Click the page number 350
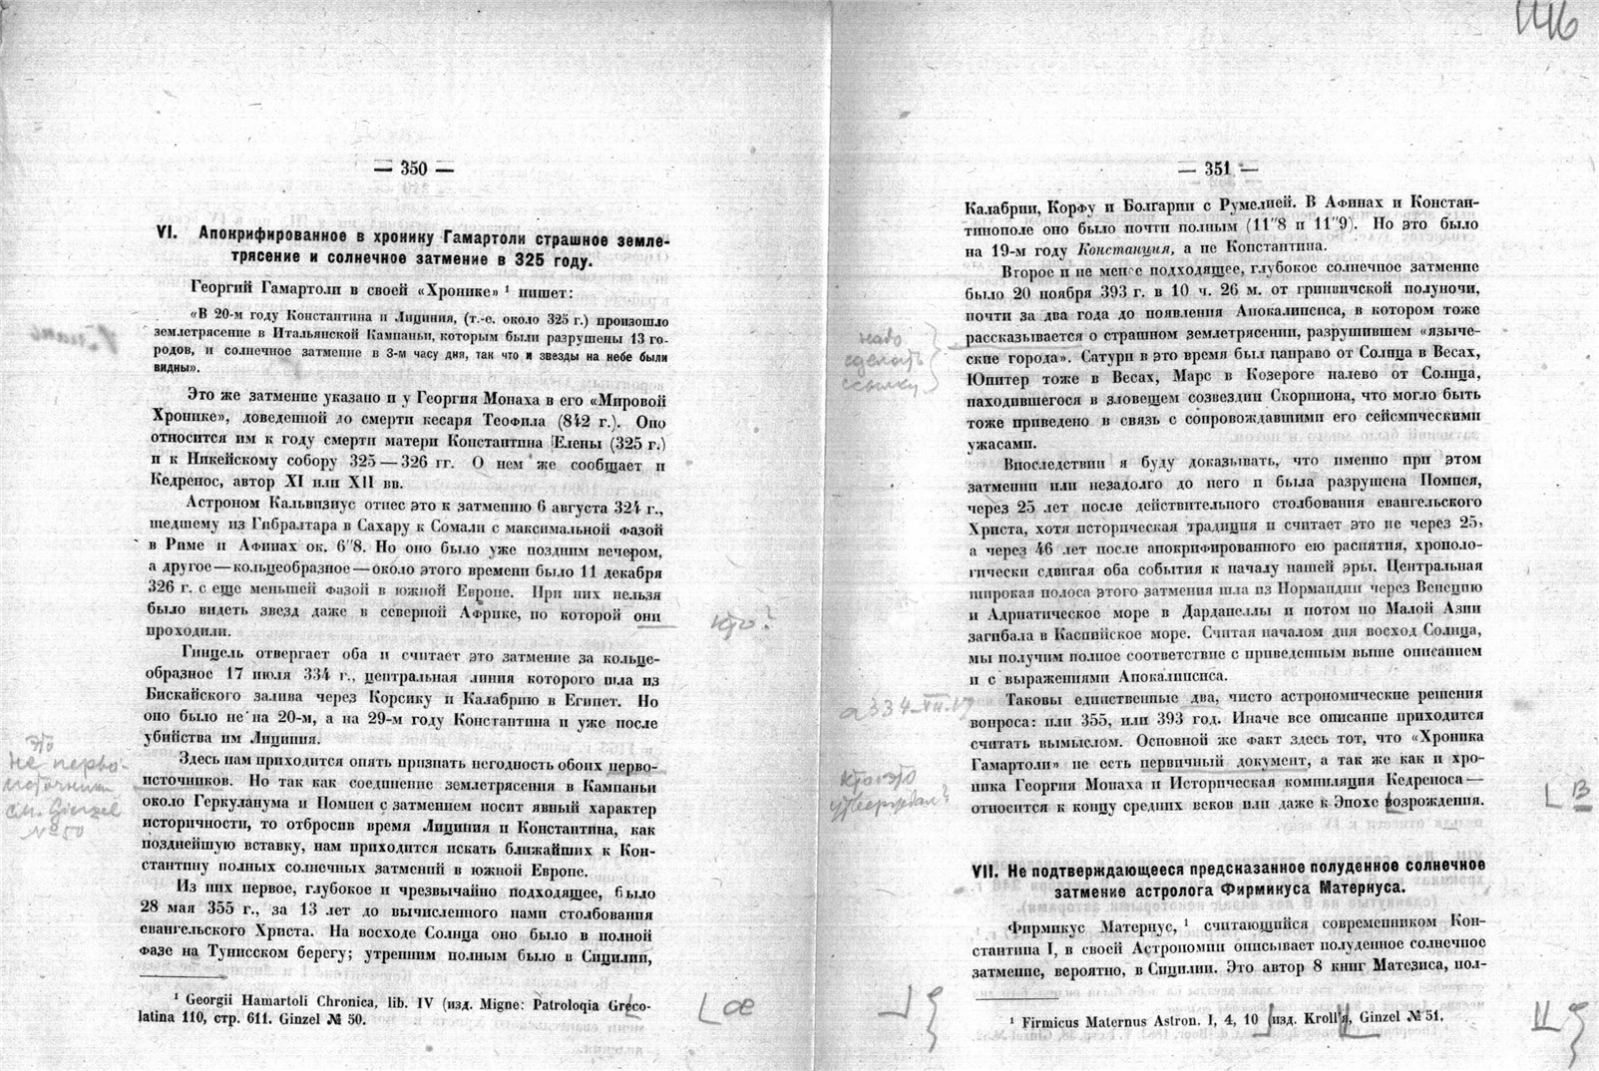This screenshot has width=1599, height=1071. [413, 169]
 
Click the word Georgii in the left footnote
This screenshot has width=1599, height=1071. [216, 1001]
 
